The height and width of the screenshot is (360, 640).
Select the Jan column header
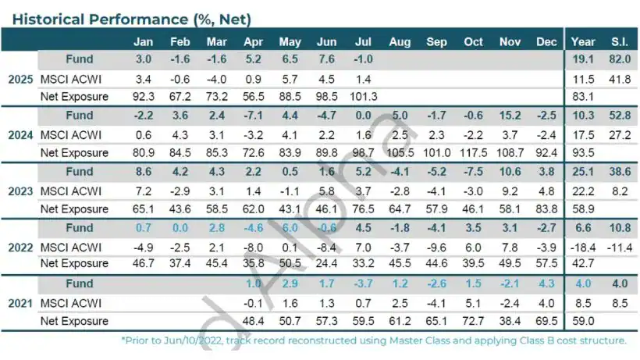(x=143, y=42)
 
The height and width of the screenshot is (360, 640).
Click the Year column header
(x=583, y=42)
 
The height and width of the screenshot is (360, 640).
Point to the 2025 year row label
(x=20, y=79)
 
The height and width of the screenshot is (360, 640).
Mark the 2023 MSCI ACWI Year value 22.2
(x=583, y=191)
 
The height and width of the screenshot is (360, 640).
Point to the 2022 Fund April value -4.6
(x=252, y=227)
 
